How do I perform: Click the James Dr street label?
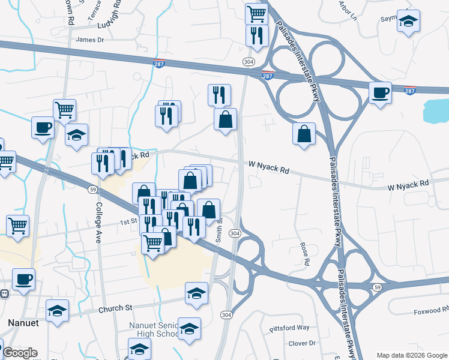click(90, 40)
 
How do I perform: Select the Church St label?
click(115, 308)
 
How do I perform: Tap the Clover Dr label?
click(302, 343)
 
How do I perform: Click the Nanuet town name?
click(23, 323)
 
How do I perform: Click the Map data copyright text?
click(412, 355)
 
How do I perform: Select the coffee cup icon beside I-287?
click(380, 93)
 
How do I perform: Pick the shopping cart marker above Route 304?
click(256, 13)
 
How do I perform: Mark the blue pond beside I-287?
click(436, 110)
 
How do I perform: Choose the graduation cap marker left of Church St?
click(58, 311)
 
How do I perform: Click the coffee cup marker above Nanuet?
click(23, 279)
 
